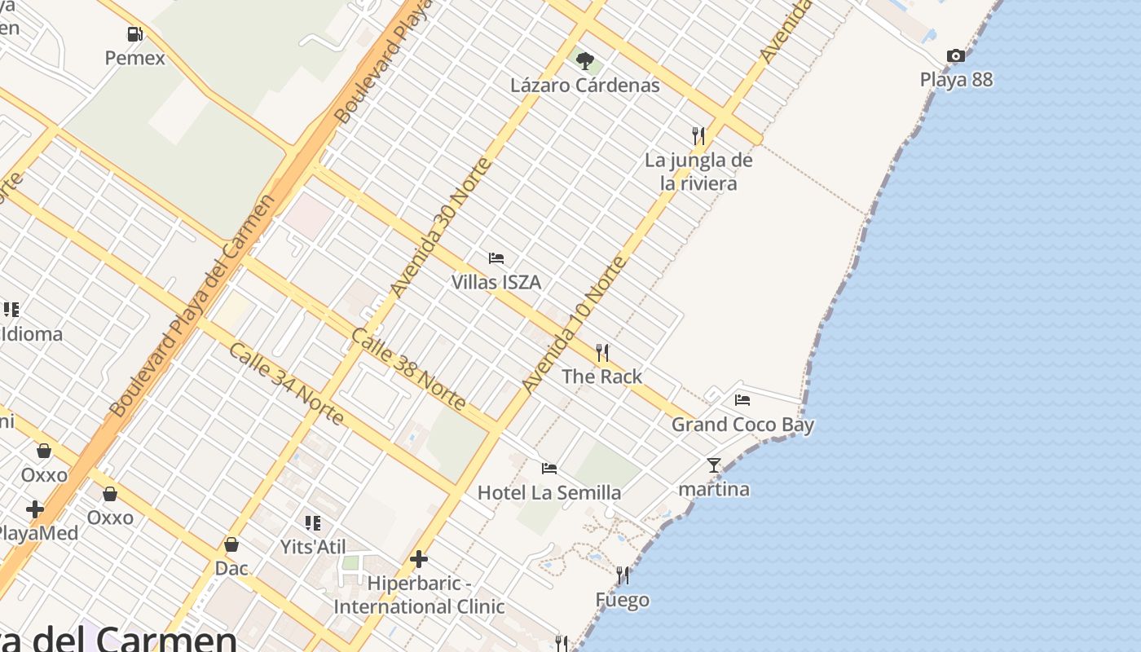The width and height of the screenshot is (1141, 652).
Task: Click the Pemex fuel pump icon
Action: point(134,34)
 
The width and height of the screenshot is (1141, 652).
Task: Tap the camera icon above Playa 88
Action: point(956,56)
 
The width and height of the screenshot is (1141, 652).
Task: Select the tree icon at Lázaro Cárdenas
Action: point(584,60)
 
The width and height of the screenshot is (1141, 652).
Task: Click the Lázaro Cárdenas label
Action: point(584,85)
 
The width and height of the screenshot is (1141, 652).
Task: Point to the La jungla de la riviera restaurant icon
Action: point(698,135)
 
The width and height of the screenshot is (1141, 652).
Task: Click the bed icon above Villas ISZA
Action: point(496,258)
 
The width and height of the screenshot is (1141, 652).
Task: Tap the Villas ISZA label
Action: point(496,282)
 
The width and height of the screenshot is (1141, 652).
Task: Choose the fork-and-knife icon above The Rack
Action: point(602,353)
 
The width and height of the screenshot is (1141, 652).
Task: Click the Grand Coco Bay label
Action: point(742,424)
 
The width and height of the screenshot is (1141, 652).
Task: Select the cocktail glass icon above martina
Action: point(714,465)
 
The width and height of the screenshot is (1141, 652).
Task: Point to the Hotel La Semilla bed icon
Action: point(549,469)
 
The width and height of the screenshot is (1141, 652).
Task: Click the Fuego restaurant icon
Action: point(623,576)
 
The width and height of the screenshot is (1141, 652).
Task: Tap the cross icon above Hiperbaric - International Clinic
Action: point(419,559)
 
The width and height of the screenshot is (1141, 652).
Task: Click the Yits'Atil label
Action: point(313,546)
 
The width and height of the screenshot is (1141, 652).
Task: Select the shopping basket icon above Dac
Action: point(231,544)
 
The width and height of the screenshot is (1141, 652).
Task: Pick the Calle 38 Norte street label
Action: point(408,369)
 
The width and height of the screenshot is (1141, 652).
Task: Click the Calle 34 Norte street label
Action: point(285,384)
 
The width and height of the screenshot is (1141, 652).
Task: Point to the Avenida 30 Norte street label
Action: point(441,227)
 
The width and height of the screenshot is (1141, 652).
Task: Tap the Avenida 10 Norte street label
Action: point(575,324)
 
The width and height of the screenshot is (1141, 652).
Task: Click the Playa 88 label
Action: point(956,80)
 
